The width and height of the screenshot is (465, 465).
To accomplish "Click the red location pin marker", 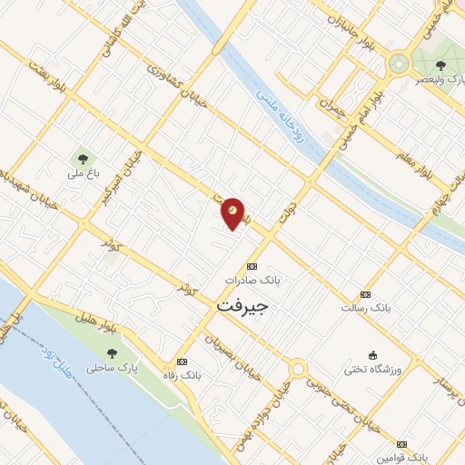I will point(233,213).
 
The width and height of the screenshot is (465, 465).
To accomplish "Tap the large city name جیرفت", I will point(243,307).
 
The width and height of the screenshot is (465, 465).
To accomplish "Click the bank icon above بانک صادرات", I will point(252,266).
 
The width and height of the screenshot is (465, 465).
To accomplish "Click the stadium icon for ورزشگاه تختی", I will point(372,355).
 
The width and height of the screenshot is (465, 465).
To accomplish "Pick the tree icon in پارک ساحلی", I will point(112,353).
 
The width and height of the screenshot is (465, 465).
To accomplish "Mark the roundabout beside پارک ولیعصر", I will point(398,64).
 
